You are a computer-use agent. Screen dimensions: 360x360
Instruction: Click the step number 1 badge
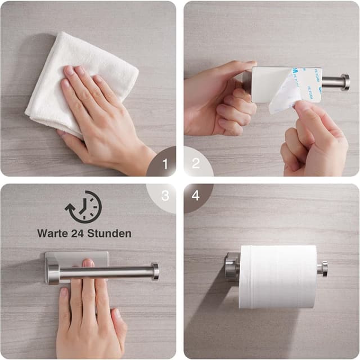click(x=165, y=164)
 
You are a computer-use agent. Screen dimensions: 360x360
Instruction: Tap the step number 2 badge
click(x=196, y=164)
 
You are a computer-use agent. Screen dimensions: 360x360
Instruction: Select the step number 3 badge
click(x=165, y=196)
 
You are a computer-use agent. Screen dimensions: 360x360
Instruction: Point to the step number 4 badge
click(x=196, y=196)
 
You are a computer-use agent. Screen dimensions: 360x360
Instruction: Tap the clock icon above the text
click(x=84, y=207)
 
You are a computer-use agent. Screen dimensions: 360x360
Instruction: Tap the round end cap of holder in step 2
click(x=344, y=83)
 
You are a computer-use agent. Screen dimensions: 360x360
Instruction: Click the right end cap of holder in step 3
click(x=154, y=272)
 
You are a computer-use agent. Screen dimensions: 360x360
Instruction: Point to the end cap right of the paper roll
click(x=323, y=269)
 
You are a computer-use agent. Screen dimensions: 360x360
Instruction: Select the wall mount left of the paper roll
click(x=231, y=267)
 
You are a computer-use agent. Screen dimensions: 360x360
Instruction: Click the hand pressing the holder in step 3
click(x=90, y=315)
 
